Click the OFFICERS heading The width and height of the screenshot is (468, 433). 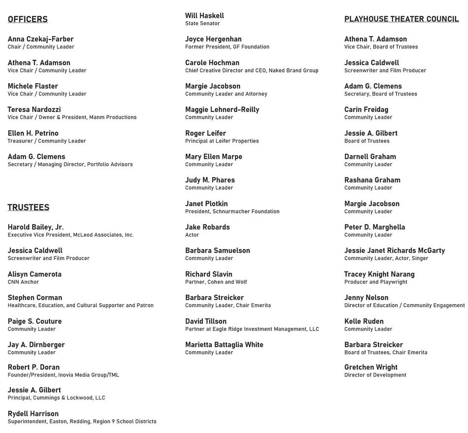tap(28, 19)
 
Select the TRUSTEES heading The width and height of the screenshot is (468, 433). tap(29, 207)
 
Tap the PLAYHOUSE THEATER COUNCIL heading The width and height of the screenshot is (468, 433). tap(401, 19)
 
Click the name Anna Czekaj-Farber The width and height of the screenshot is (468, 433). tap(40, 39)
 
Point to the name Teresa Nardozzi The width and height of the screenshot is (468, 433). tap(34, 109)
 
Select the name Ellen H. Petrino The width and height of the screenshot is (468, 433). tap(33, 133)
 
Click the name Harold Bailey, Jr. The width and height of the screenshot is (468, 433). tap(35, 227)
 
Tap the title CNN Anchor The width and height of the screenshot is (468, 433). tap(23, 282)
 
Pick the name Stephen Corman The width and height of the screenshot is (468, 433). tap(35, 297)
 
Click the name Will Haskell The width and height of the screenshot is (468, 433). tap(204, 16)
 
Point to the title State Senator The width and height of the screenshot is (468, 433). tap(202, 23)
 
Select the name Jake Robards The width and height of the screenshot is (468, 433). tap(207, 227)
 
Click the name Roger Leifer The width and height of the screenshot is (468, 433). tap(205, 133)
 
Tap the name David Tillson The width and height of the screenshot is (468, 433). tap(206, 321)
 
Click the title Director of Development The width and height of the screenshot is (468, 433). tap(375, 375)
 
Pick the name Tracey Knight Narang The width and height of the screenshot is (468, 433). tap(379, 274)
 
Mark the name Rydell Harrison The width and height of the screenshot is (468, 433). tap(33, 413)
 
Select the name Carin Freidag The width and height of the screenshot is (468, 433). tap(366, 109)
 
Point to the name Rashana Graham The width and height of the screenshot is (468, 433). tap(372, 180)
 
